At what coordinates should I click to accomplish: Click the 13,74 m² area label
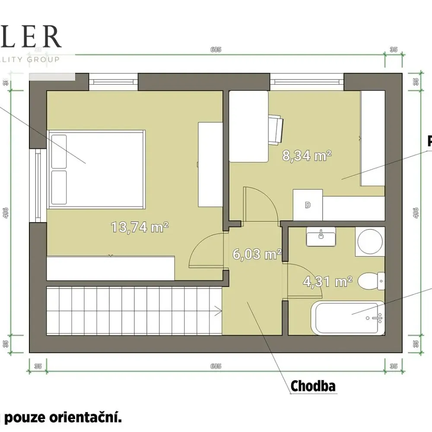click(139, 227)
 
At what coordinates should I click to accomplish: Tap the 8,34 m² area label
click(307, 156)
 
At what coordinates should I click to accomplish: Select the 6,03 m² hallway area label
click(257, 254)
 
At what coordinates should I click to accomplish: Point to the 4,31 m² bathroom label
click(327, 282)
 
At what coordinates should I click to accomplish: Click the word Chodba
click(313, 386)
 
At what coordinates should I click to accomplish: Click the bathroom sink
click(321, 237)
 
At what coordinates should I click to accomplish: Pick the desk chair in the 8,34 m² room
click(276, 129)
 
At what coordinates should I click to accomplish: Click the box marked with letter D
click(308, 205)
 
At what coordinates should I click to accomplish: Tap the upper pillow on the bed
click(58, 151)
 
